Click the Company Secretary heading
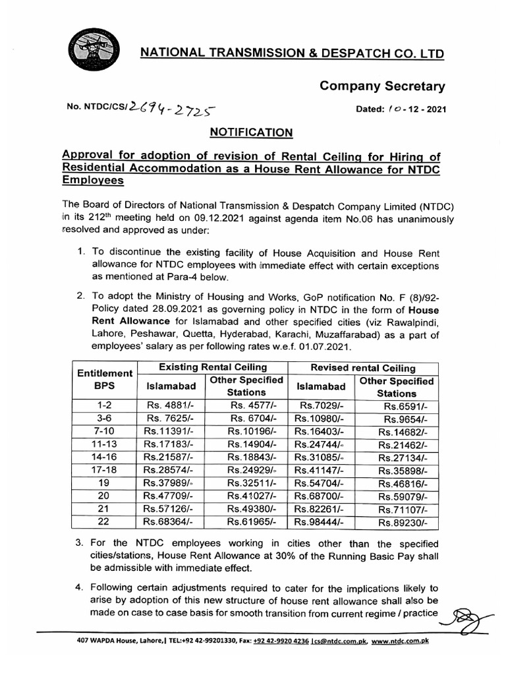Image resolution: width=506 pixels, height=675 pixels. point(382,86)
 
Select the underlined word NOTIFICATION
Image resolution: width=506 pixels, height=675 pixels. point(250,133)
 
